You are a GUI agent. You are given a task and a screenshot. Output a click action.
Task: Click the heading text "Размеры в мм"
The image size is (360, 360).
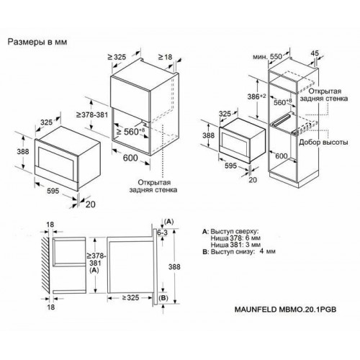coord(37,42)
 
